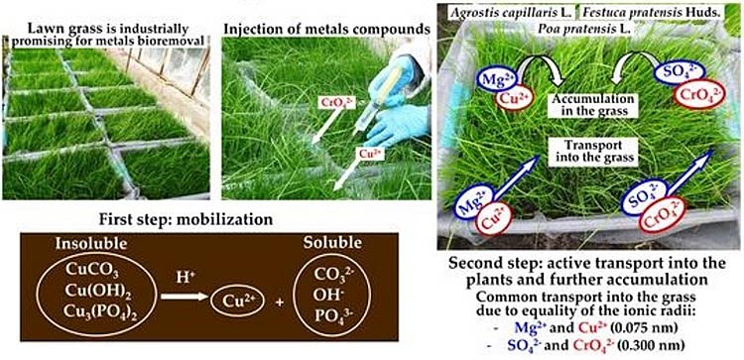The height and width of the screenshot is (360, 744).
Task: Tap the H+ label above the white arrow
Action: click(x=184, y=278)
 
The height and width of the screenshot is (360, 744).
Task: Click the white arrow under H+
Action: click(x=185, y=298)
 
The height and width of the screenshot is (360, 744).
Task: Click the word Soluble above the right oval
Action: click(x=331, y=243)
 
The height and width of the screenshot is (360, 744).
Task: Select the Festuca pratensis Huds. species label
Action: click(x=650, y=12)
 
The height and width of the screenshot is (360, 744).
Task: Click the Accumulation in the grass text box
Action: click(x=586, y=105)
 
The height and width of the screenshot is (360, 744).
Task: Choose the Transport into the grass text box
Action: click(x=586, y=152)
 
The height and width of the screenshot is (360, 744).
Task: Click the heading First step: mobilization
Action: click(x=186, y=220)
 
